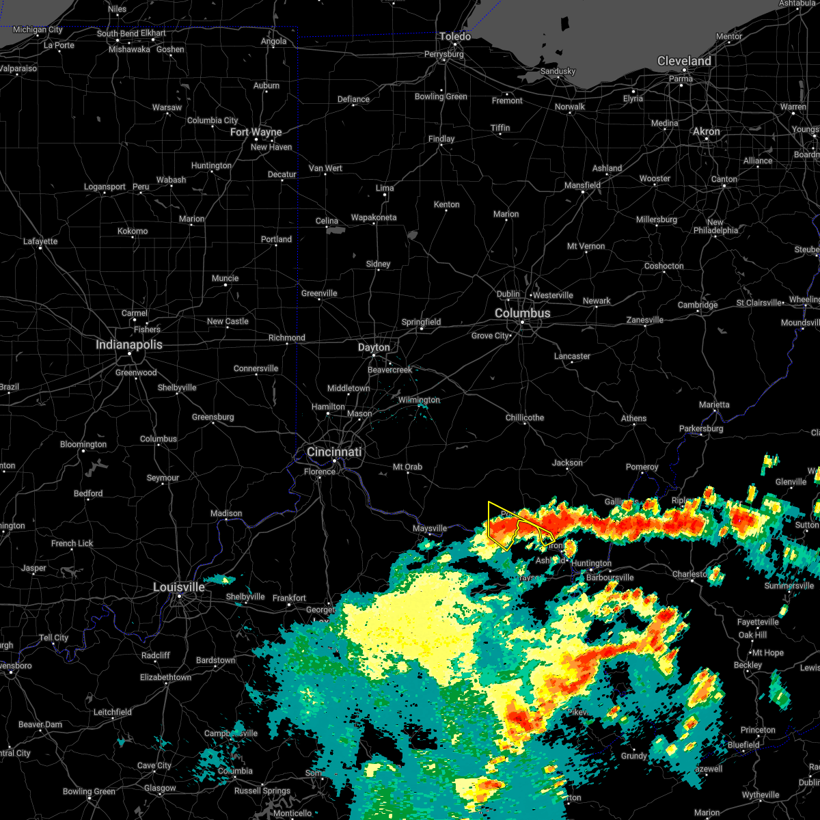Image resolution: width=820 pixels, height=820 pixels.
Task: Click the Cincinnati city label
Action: (333, 452)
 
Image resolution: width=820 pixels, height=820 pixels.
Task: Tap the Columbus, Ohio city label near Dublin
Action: (522, 313)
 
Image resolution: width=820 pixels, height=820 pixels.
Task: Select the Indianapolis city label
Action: (128, 344)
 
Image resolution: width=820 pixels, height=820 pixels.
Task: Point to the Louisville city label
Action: (179, 587)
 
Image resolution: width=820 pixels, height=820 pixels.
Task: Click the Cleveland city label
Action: (684, 61)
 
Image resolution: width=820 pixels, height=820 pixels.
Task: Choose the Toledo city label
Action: (455, 36)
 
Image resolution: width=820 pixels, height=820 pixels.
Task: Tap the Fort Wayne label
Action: (256, 132)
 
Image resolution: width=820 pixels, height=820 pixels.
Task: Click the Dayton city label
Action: (374, 347)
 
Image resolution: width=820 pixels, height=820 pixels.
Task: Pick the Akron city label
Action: (707, 131)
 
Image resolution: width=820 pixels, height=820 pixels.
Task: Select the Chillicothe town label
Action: (525, 418)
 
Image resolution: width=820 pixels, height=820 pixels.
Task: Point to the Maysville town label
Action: (430, 528)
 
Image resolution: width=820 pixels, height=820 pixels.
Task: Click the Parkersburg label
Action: (701, 428)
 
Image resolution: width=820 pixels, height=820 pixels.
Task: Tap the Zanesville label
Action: (644, 320)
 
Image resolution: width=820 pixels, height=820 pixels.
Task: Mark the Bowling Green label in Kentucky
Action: (88, 791)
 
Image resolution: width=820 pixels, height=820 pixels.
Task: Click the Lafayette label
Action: (40, 241)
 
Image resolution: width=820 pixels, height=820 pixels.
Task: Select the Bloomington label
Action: (83, 444)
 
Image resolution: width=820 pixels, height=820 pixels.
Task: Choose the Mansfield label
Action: (582, 185)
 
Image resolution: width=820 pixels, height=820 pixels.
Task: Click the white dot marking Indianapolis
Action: (129, 353)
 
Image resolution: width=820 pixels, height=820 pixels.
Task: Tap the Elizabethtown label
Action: (165, 677)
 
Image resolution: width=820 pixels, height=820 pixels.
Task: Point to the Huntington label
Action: (591, 563)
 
